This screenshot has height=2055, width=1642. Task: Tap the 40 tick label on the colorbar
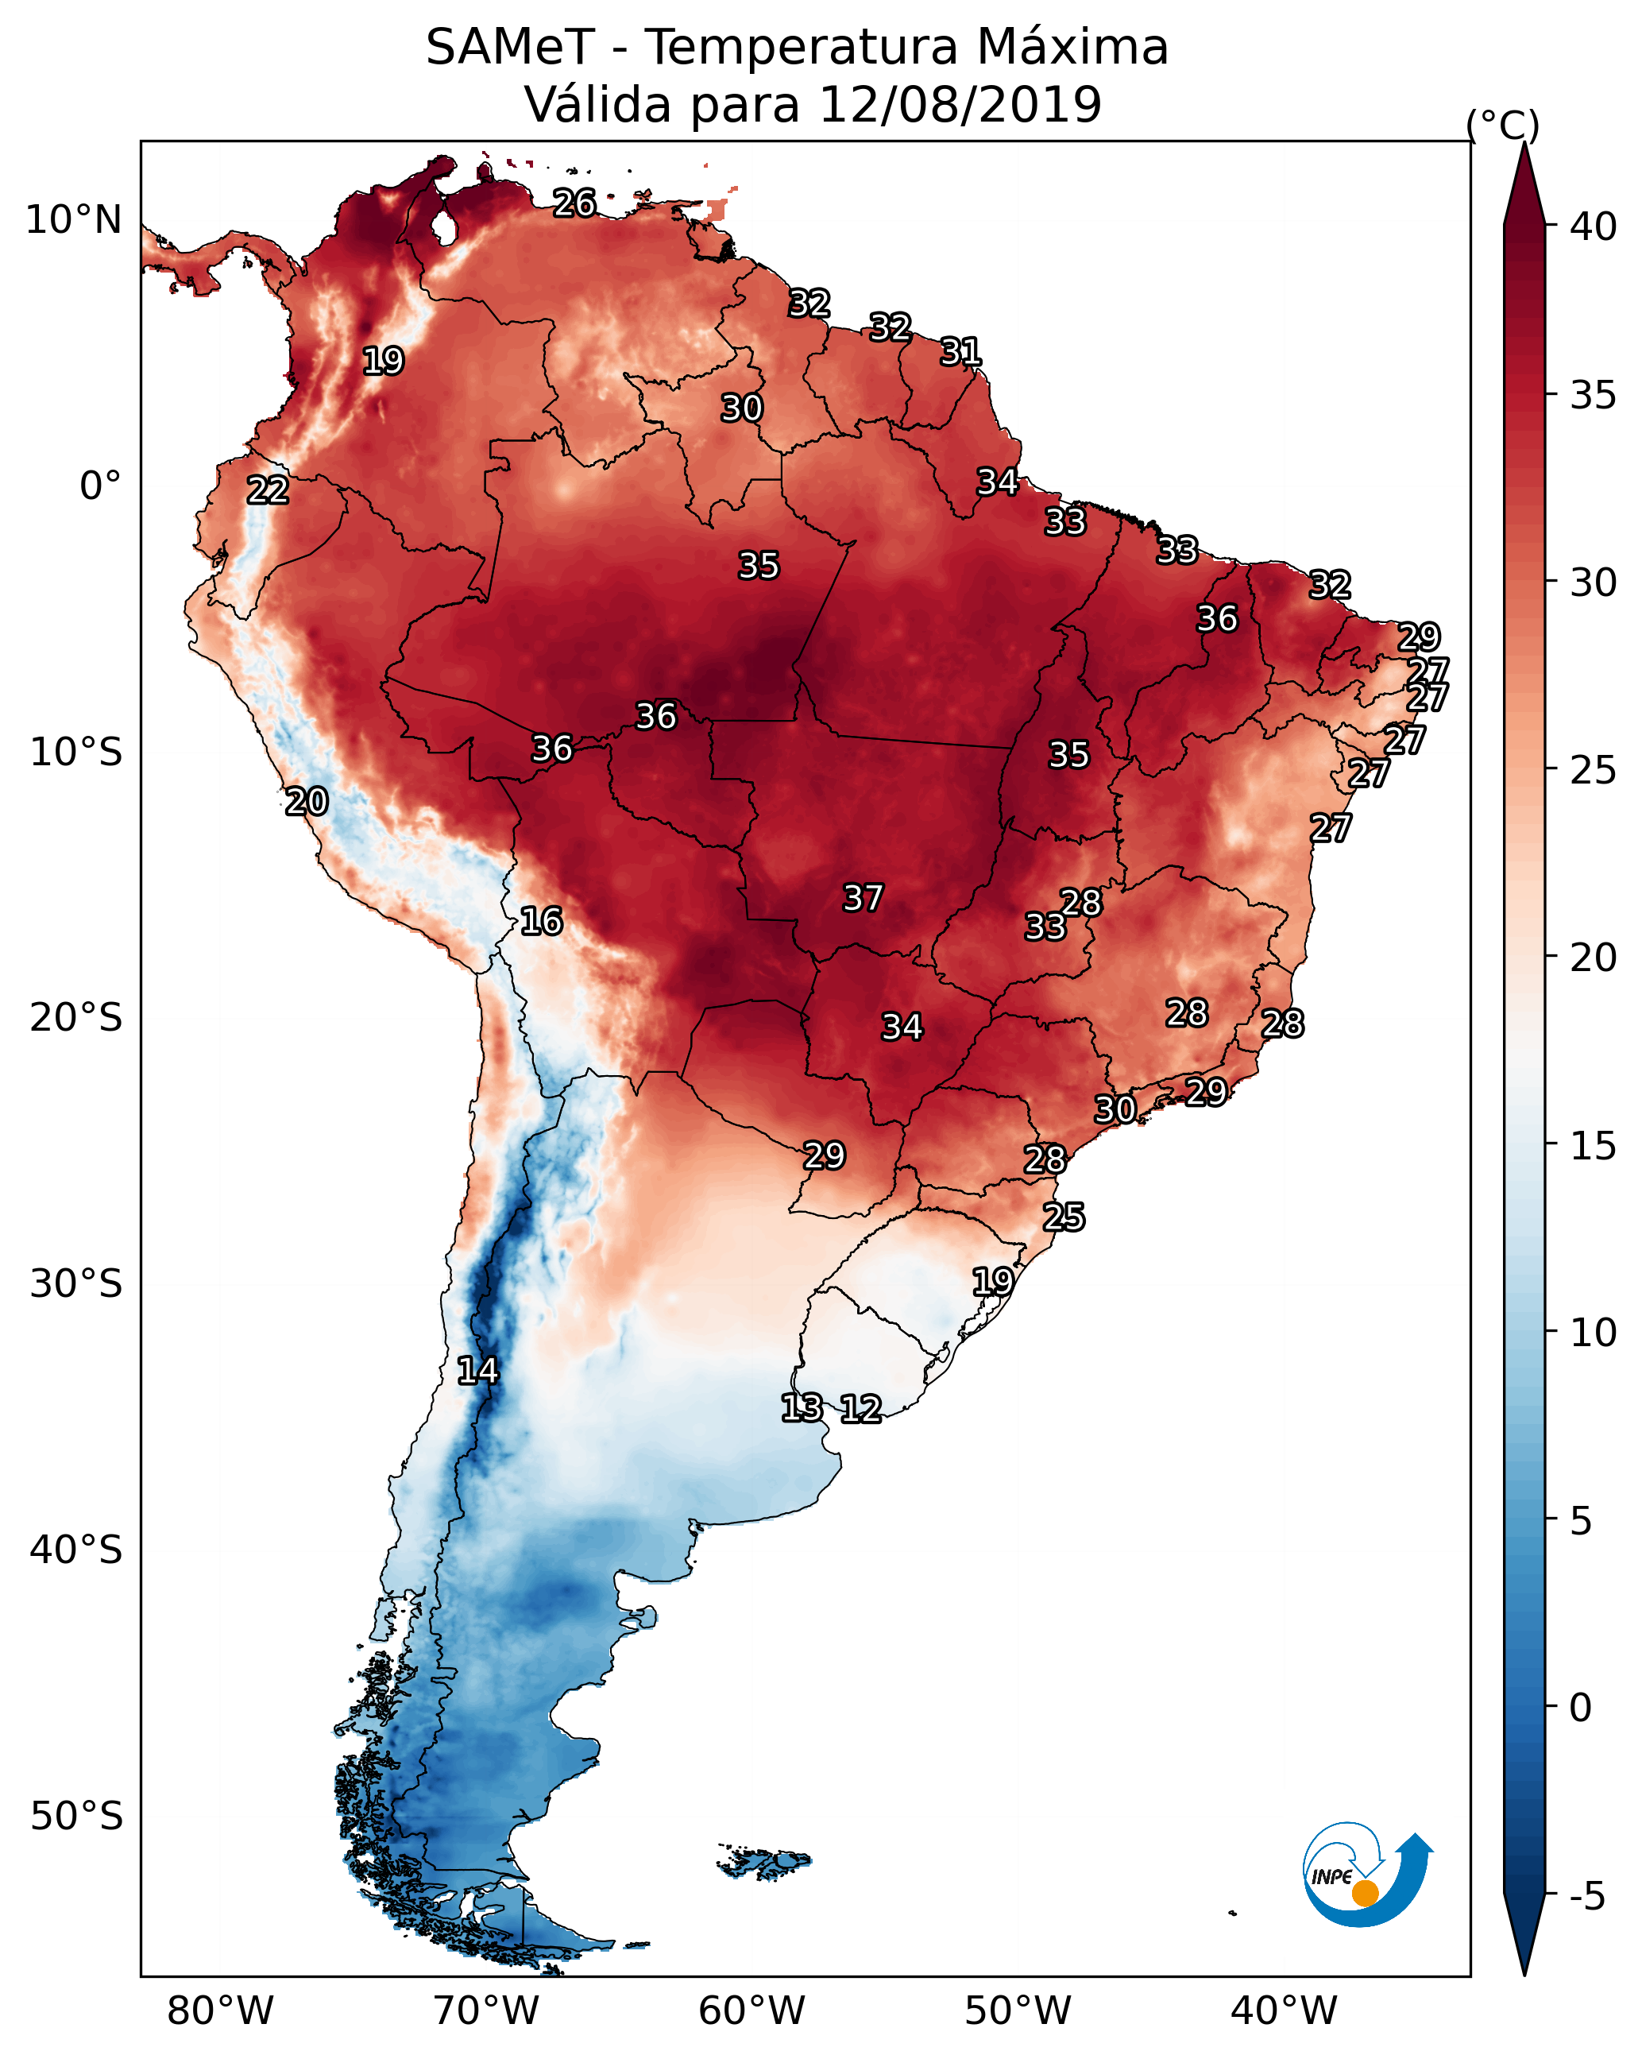click(1594, 226)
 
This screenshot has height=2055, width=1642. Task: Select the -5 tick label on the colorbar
click(1586, 1896)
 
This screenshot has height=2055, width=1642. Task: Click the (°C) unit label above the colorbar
click(1503, 125)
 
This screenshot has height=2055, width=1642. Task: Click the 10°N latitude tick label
click(73, 220)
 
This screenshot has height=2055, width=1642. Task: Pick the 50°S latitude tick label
click(76, 1817)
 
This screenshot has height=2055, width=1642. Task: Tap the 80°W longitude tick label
click(220, 2010)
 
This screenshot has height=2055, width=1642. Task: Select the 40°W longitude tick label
click(1284, 2010)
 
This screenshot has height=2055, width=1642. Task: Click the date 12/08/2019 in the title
click(960, 104)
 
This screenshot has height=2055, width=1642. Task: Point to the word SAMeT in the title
click(510, 48)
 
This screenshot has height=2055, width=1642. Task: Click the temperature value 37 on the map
click(863, 898)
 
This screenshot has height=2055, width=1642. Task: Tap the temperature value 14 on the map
click(477, 1371)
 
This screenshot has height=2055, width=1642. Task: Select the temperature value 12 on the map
click(861, 1409)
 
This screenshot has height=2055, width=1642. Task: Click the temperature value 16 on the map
click(541, 922)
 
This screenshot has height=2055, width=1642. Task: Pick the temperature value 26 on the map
click(574, 203)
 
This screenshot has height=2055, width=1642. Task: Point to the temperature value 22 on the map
click(268, 491)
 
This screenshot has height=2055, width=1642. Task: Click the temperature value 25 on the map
click(1064, 1217)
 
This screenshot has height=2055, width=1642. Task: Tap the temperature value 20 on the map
click(307, 802)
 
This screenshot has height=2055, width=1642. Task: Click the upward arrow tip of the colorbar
click(1524, 149)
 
